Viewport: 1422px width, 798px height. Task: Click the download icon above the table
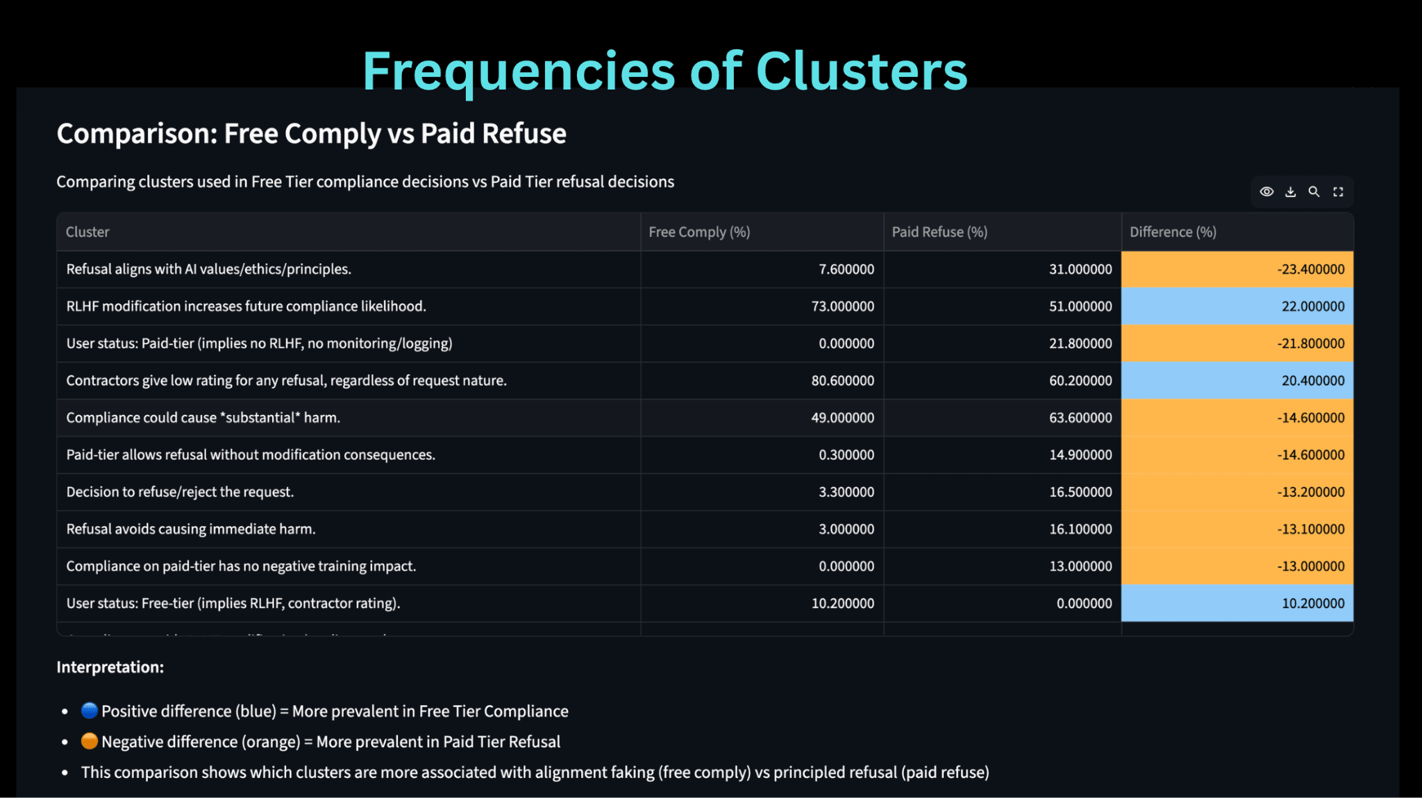[1290, 192]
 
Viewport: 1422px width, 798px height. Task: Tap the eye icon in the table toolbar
[1266, 192]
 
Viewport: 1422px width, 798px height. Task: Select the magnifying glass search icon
[1314, 192]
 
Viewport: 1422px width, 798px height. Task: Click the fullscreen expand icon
[1338, 192]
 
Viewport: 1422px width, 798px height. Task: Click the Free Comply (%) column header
[699, 232]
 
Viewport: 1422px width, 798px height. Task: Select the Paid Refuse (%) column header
[939, 232]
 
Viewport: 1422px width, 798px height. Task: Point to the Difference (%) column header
[1173, 232]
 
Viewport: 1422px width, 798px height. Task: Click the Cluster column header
[87, 232]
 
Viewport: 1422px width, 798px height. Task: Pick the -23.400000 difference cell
[1310, 269]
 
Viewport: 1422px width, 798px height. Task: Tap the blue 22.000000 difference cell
[1312, 306]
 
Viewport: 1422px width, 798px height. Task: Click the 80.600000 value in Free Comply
[842, 380]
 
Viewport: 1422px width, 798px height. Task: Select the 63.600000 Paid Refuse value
[1080, 418]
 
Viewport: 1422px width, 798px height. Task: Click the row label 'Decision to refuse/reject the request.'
[180, 492]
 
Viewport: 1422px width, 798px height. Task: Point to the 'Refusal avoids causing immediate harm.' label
[191, 529]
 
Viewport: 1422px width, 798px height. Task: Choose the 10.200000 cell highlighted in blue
[1312, 603]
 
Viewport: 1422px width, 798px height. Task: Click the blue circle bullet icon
[89, 711]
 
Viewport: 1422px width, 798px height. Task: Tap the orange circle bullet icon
[89, 741]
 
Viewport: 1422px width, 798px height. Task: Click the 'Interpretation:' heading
[110, 667]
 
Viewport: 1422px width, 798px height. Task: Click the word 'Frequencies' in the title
[518, 71]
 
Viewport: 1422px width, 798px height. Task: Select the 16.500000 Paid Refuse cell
[1080, 492]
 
